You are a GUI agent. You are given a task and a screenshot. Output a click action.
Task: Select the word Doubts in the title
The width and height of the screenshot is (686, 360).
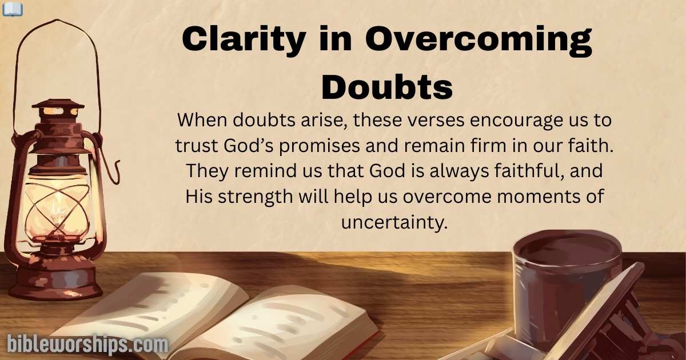[387, 87]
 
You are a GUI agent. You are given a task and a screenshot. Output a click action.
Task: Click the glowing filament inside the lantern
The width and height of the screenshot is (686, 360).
[57, 207]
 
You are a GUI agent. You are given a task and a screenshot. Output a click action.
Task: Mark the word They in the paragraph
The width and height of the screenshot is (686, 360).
[206, 171]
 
